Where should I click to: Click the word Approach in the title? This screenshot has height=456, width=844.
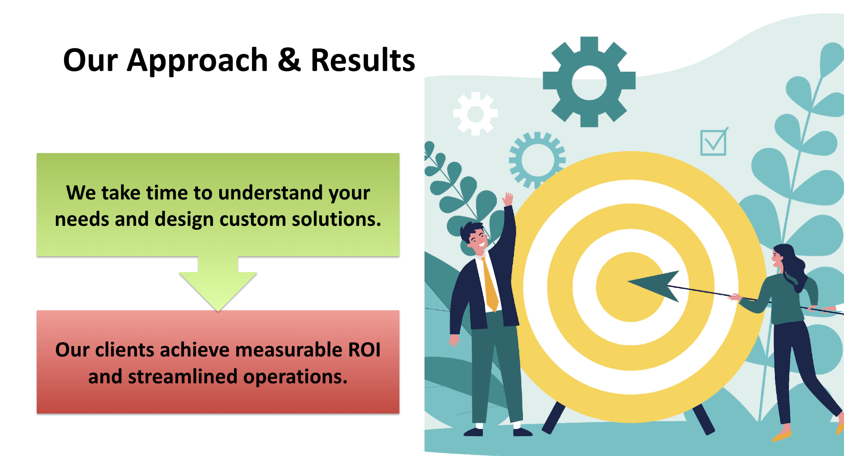tap(198, 61)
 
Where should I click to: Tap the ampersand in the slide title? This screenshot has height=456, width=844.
tap(289, 60)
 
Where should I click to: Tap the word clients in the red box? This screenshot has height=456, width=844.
tap(125, 350)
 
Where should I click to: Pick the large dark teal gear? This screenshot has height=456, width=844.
tap(589, 82)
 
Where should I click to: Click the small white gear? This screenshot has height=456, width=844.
tap(476, 114)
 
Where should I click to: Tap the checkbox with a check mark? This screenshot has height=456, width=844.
tap(714, 142)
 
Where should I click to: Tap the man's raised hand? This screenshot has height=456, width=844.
tap(508, 199)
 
